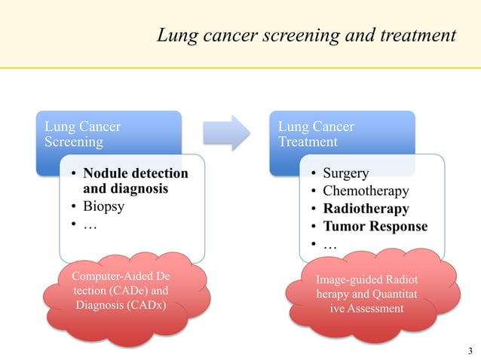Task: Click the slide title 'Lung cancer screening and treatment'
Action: coord(306,35)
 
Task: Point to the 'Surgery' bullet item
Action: coord(345,173)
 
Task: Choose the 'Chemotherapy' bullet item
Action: coord(365,191)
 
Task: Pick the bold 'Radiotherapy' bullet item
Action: coord(365,209)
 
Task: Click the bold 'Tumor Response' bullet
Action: coord(374,226)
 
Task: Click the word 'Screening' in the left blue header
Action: coord(72,142)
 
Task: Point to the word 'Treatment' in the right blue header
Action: coord(308,142)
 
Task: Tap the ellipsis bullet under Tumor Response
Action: coord(329,244)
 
